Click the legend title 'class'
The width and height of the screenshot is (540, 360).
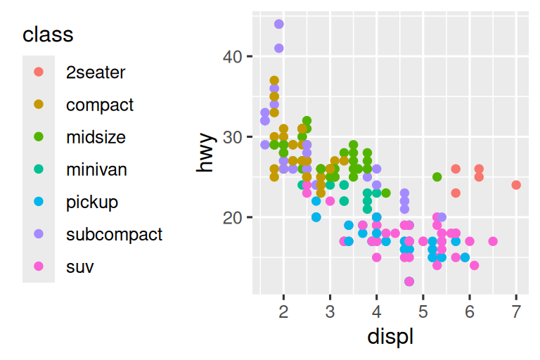[48, 34]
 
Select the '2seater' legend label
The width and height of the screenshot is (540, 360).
[96, 72]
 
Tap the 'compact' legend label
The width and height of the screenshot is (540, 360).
[100, 105]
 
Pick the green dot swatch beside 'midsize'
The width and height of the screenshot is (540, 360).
[39, 137]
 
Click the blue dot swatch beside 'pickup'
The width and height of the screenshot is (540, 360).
[39, 202]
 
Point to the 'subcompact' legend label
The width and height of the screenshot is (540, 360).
[114, 234]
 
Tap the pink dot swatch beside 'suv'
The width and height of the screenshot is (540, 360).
[39, 266]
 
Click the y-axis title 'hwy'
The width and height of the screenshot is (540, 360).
[205, 153]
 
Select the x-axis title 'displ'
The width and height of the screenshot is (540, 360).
[390, 337]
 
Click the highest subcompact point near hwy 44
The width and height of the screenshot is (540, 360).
[279, 24]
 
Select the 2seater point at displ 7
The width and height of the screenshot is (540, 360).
[516, 185]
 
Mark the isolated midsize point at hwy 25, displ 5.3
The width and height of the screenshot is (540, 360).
[437, 177]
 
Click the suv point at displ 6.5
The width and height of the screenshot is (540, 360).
[493, 241]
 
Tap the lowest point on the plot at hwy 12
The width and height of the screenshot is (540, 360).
[409, 281]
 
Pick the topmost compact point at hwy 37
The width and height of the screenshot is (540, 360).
[274, 81]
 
